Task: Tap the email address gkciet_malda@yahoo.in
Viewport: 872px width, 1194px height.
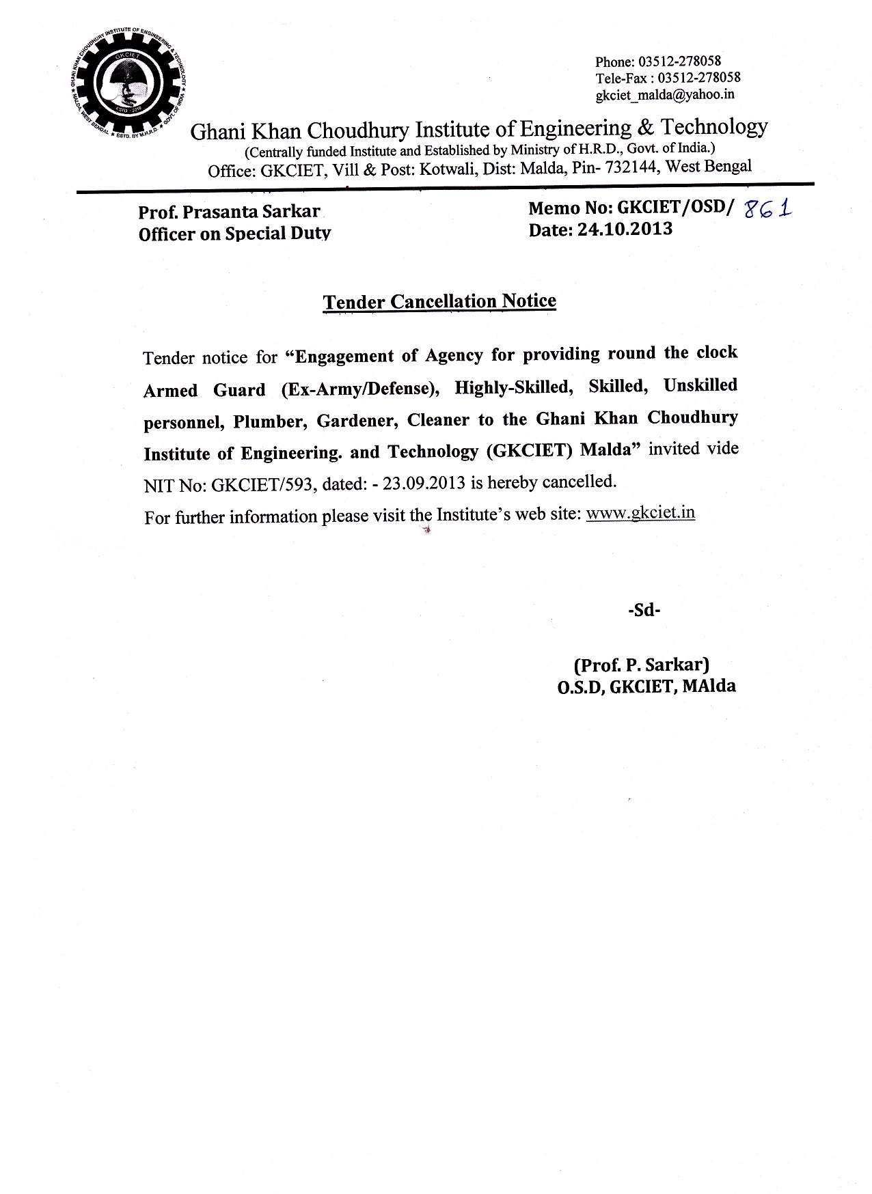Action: (664, 94)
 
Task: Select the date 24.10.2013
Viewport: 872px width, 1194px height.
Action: (624, 230)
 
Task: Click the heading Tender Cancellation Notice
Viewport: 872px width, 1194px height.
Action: (439, 301)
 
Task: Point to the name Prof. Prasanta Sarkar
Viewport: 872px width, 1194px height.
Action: (229, 212)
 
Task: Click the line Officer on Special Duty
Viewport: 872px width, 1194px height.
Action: (234, 234)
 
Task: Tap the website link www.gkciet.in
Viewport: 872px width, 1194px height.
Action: (640, 512)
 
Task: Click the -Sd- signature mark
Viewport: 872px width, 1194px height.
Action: (644, 610)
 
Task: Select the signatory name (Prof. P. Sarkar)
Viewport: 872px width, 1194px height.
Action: (641, 664)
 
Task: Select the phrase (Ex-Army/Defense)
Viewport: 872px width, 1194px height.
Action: (359, 389)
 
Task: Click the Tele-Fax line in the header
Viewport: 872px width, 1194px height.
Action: (668, 77)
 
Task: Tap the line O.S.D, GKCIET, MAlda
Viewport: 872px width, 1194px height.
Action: (646, 686)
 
